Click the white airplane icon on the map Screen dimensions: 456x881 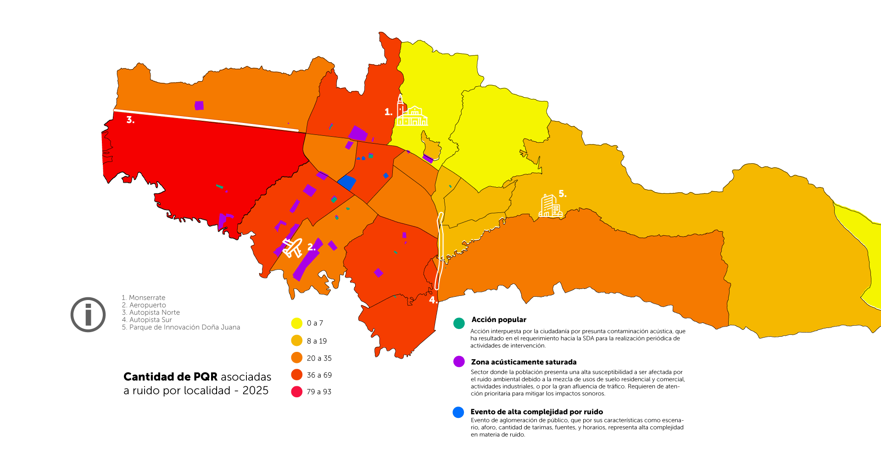tap(292, 248)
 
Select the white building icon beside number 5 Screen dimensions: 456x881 tap(550, 206)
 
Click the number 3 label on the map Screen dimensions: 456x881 tap(130, 120)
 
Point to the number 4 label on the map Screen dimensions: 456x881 tap(433, 300)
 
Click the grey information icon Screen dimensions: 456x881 tap(88, 315)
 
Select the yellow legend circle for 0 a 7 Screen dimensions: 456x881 tap(297, 323)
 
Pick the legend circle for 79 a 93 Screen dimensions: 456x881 tap(297, 392)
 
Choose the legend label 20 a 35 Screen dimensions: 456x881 tap(319, 358)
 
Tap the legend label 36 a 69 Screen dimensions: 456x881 tap(319, 375)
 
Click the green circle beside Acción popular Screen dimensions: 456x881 tap(459, 323)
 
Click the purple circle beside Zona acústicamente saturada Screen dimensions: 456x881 tap(459, 361)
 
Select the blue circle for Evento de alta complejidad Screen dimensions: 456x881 tap(458, 412)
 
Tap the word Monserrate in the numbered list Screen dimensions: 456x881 tap(147, 298)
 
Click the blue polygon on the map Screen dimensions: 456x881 tap(347, 183)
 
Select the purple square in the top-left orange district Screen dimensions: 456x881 tap(199, 106)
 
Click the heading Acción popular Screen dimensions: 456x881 tap(498, 320)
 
